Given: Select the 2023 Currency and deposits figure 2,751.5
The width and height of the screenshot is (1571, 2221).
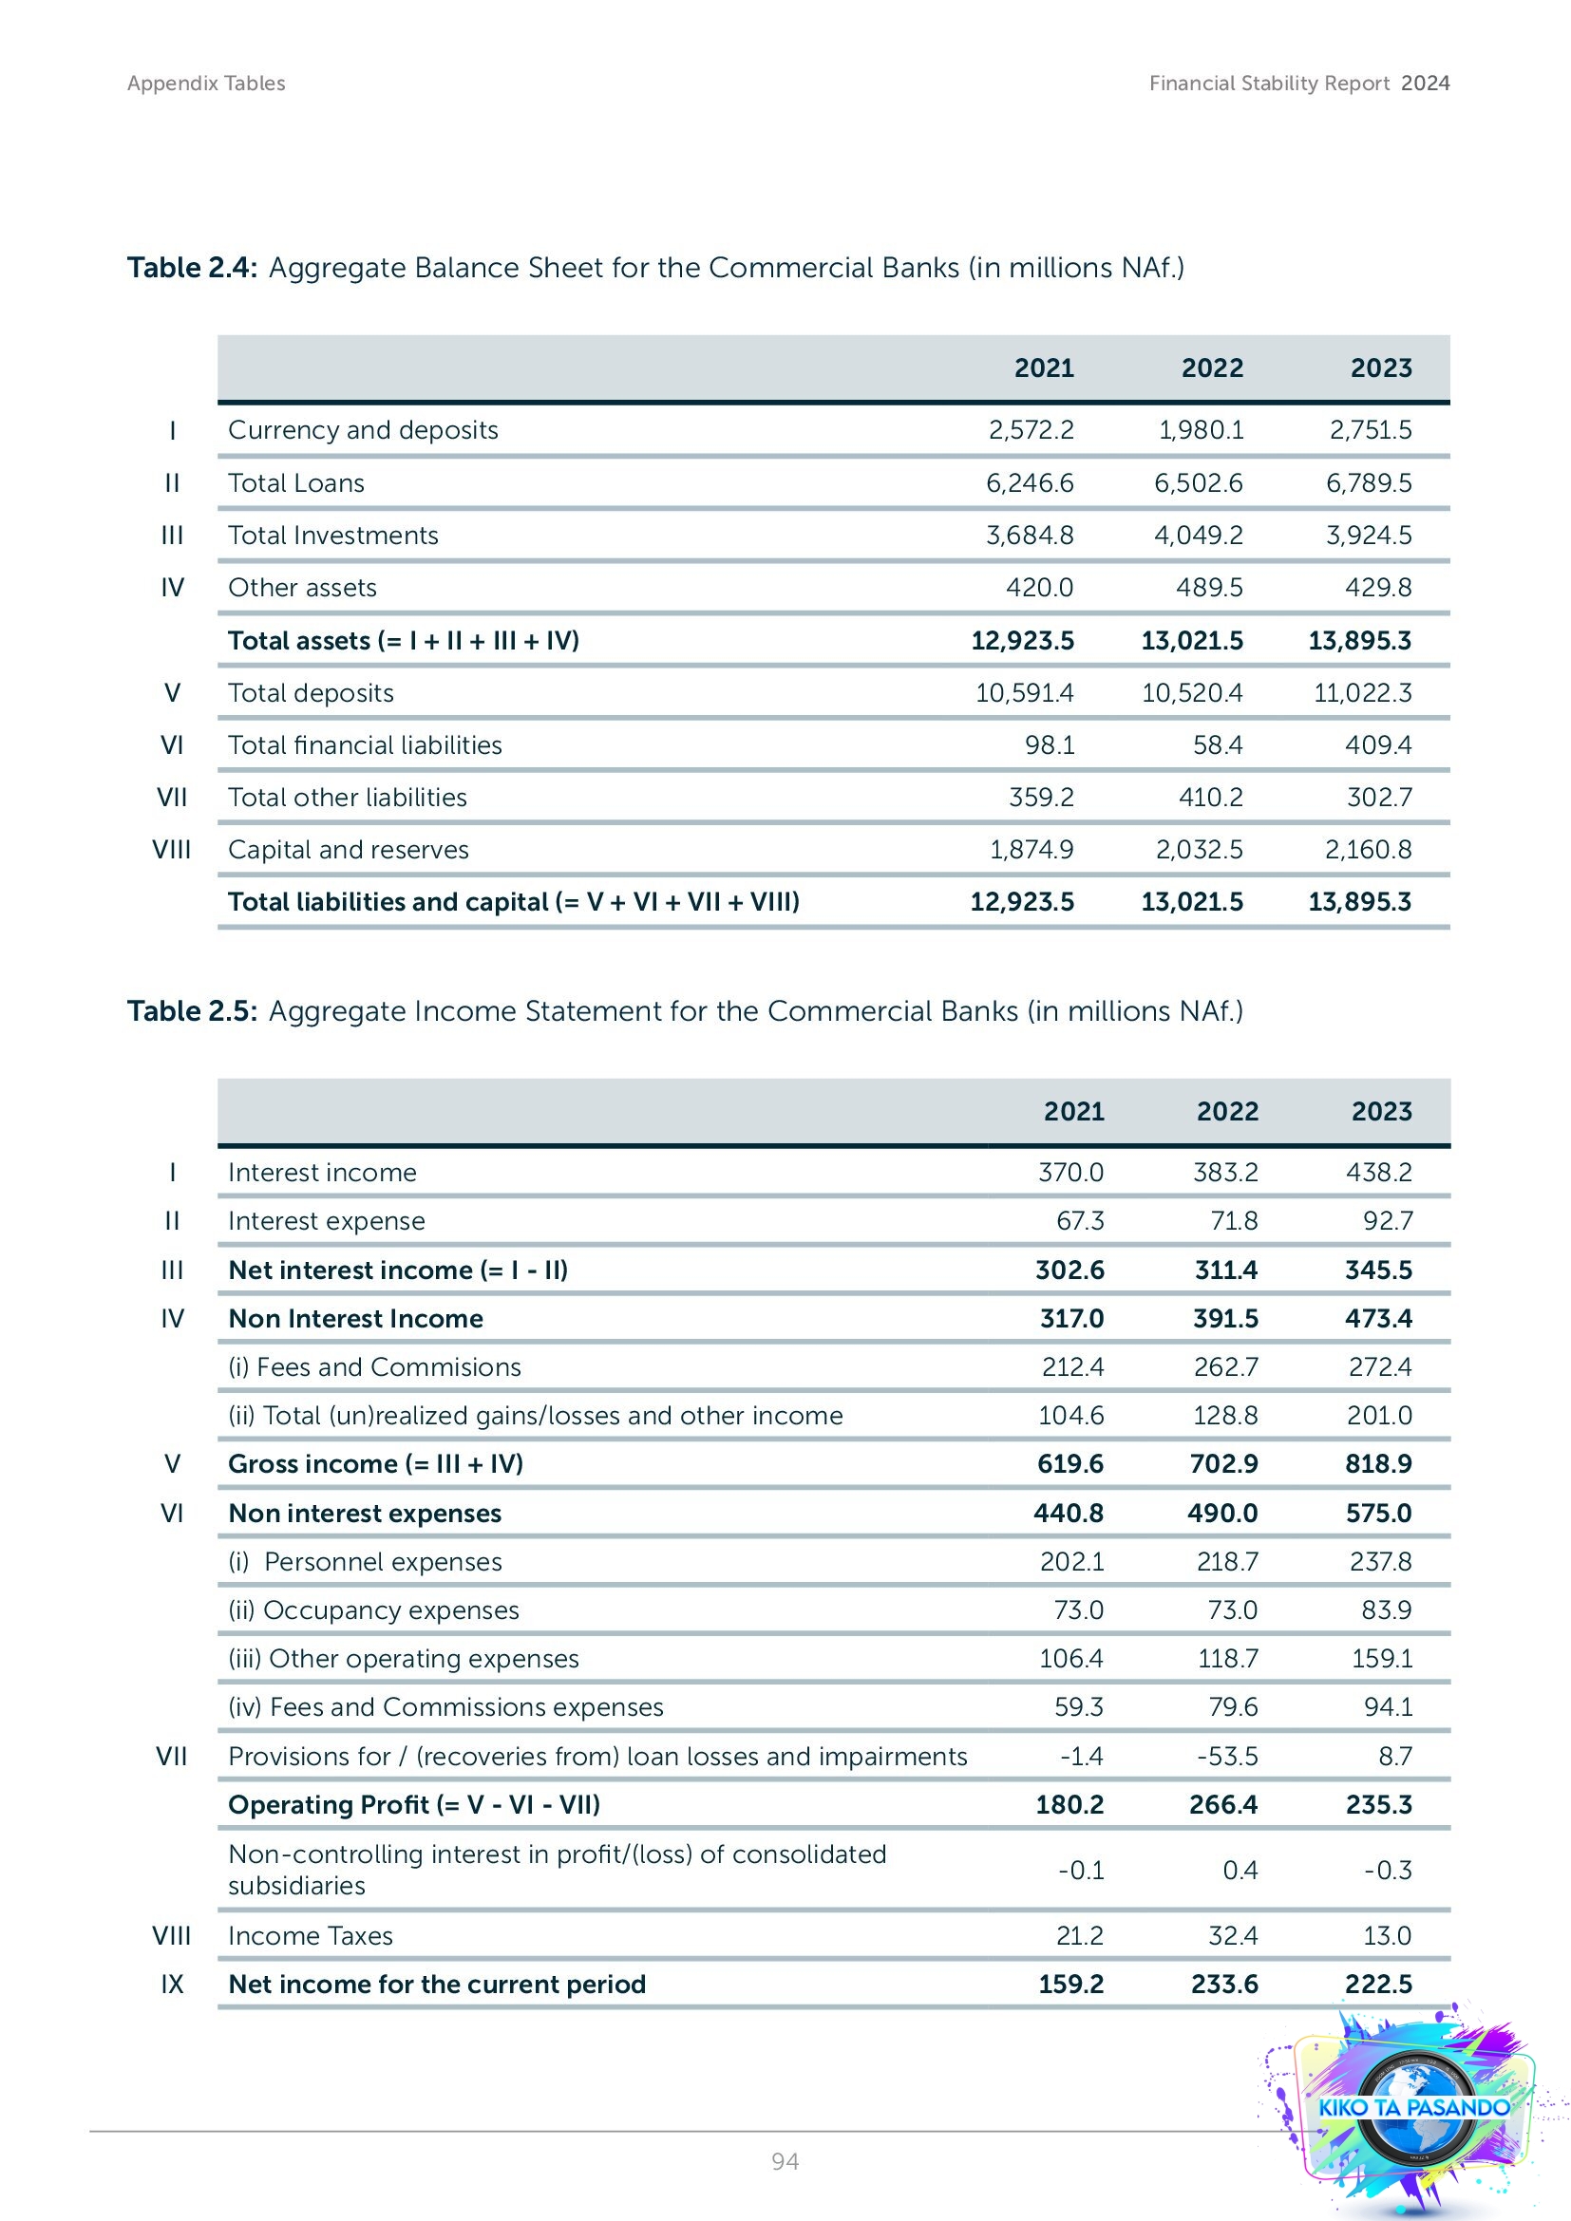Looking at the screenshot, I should click(x=1370, y=429).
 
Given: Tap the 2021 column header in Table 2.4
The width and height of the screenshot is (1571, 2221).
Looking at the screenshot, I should click(x=1043, y=367).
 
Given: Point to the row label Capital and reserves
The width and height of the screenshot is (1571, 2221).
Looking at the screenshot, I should click(x=349, y=849).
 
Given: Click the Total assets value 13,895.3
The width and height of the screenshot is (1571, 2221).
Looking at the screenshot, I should click(x=1359, y=640).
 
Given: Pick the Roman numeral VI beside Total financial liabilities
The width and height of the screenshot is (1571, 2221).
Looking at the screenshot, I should click(x=172, y=744).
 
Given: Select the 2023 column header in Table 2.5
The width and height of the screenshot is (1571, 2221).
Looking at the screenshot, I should click(x=1380, y=1111).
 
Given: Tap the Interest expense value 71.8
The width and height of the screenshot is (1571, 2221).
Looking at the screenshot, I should click(x=1234, y=1221).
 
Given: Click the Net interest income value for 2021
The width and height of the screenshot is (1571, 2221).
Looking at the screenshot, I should click(x=1069, y=1270).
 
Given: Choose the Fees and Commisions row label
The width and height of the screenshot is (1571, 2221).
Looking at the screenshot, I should click(x=374, y=1366).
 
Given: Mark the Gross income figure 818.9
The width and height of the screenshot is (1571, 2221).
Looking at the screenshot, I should click(x=1377, y=1463).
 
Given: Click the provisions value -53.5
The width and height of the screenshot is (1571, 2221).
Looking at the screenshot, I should click(x=1226, y=1756).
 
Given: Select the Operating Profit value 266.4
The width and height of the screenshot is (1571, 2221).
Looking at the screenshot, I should click(x=1222, y=1804).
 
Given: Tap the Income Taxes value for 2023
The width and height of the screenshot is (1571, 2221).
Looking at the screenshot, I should click(x=1386, y=1935).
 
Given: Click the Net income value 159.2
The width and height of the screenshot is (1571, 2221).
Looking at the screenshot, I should click(x=1070, y=1984).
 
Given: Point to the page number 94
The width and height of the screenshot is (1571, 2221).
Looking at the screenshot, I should click(x=785, y=2161).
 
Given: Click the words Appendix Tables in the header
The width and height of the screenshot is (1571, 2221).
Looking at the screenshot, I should click(x=206, y=84).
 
